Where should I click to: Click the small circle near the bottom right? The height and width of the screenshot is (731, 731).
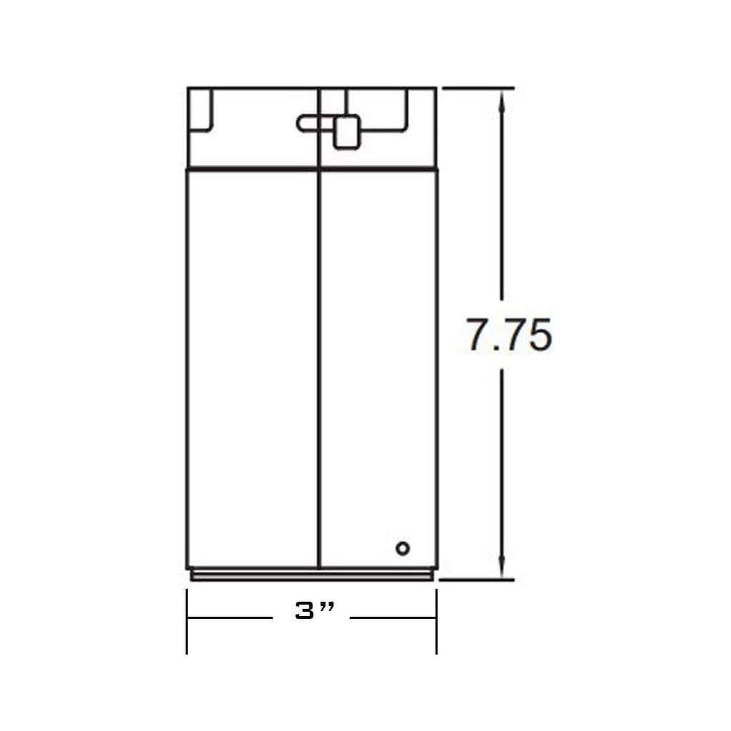403,548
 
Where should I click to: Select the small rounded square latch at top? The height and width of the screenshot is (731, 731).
347,133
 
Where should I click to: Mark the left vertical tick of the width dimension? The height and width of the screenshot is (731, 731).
187,621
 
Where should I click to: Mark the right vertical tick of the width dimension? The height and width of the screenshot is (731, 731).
437,621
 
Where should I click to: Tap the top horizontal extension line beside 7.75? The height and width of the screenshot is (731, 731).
479,88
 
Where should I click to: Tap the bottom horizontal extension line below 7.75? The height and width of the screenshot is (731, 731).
479,580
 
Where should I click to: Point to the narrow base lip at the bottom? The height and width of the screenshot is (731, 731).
312,576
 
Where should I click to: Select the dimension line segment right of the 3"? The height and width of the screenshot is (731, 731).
393,618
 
